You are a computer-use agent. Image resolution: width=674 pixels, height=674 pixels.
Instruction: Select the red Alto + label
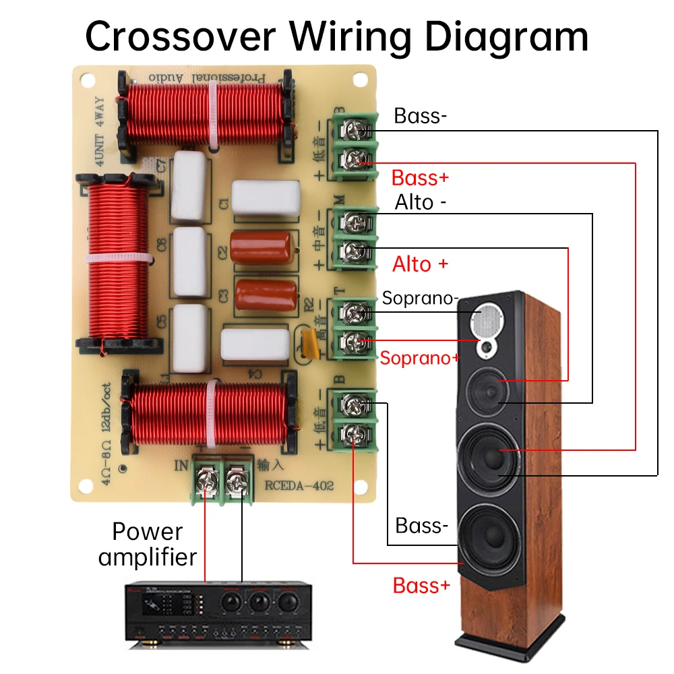[420, 264]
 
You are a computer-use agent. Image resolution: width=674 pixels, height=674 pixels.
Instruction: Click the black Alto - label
[421, 202]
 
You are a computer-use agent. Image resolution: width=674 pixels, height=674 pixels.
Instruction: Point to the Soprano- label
[421, 298]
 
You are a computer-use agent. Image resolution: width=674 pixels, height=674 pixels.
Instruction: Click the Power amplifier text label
[148, 545]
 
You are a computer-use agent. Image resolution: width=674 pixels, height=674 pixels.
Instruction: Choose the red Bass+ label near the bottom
[421, 585]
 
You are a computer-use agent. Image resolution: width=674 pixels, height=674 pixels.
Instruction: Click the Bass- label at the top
[421, 116]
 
